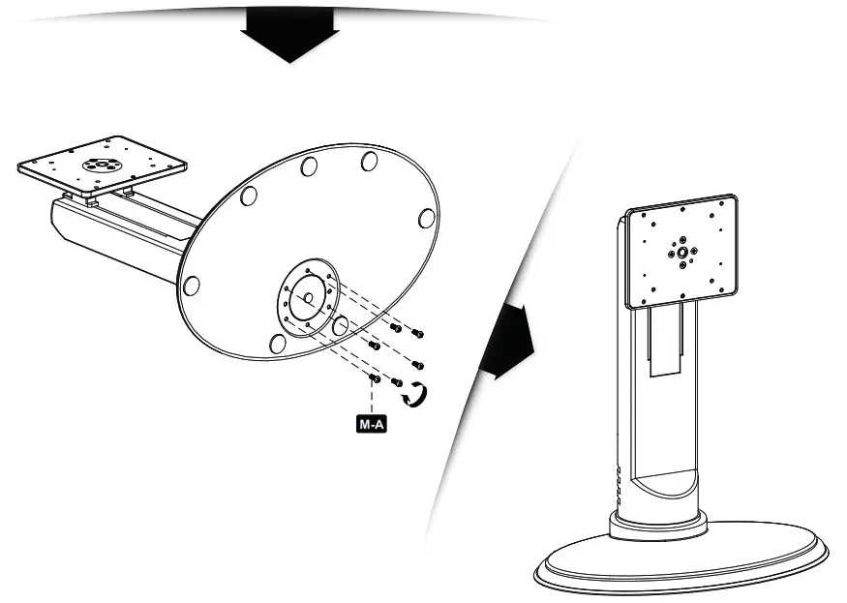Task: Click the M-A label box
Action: (372, 424)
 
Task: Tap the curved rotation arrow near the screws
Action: (416, 395)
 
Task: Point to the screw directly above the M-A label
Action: (375, 378)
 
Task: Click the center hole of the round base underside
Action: (308, 298)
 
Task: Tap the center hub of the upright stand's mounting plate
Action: (682, 252)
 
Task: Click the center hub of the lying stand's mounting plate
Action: (101, 165)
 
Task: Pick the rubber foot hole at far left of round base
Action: (192, 286)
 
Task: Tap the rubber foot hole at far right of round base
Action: (427, 218)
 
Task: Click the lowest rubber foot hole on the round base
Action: (277, 344)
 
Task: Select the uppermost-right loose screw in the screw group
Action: (417, 333)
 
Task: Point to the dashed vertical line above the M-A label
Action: (372, 399)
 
